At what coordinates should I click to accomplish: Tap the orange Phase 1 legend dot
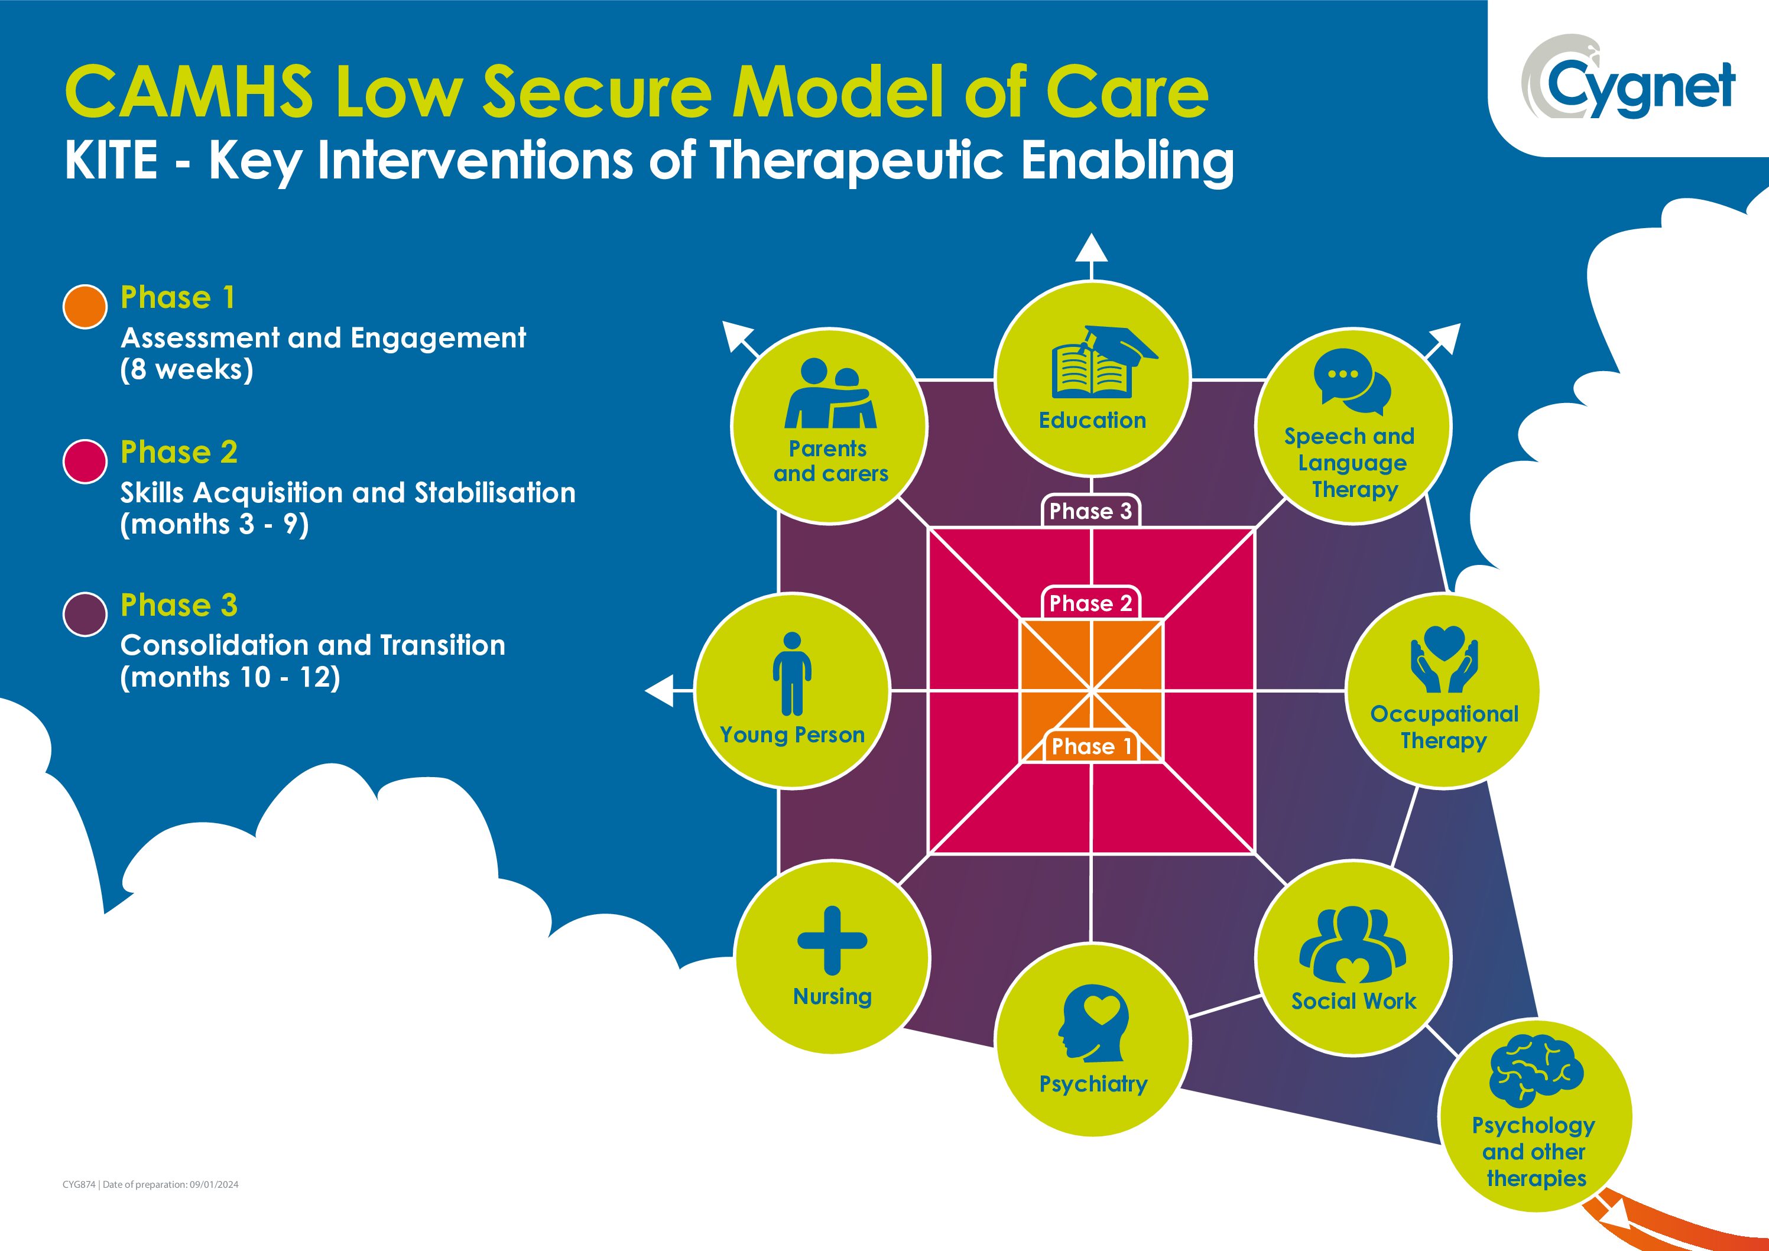pyautogui.click(x=85, y=307)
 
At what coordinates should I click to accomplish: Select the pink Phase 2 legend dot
pyautogui.click(x=85, y=462)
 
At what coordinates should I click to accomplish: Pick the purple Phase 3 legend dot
pyautogui.click(x=85, y=615)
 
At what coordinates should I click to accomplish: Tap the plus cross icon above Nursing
pyautogui.click(x=832, y=941)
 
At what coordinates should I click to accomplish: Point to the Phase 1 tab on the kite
pyautogui.click(x=1091, y=746)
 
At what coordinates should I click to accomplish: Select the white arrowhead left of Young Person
pyautogui.click(x=659, y=690)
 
